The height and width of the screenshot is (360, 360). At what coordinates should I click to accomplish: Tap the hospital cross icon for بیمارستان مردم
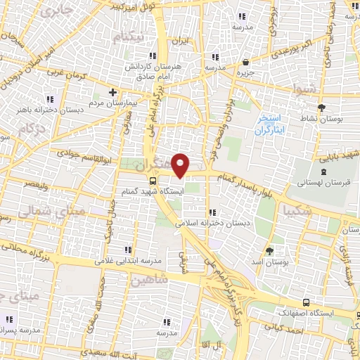click(112, 92)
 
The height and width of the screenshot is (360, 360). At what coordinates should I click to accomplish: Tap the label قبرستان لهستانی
click(322, 182)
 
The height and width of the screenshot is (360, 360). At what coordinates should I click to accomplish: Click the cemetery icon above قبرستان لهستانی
click(323, 171)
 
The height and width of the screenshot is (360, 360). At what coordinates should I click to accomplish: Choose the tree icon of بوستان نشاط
click(321, 108)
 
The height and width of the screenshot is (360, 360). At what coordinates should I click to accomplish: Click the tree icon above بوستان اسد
click(269, 250)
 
